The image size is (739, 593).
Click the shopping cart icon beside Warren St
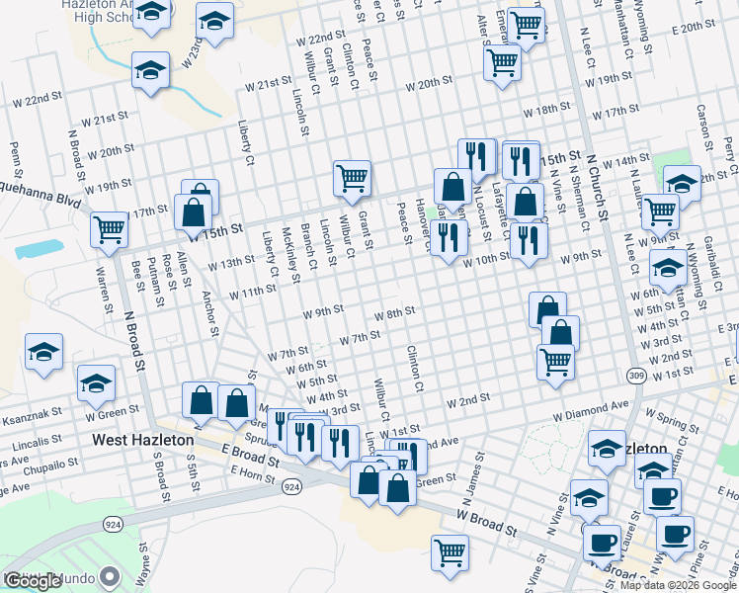pos(109,229)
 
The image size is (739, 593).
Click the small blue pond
pos(40,248)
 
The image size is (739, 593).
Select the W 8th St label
pos(393,312)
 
